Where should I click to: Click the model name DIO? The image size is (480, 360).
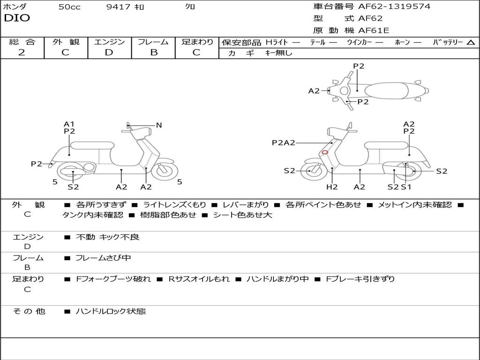pyautogui.click(x=17, y=18)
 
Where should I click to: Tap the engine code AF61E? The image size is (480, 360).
pyautogui.click(x=374, y=31)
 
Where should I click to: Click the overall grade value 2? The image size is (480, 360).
pyautogui.click(x=22, y=52)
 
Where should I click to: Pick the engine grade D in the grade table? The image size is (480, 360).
pyautogui.click(x=109, y=52)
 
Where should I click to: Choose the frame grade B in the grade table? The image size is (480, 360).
pyautogui.click(x=153, y=52)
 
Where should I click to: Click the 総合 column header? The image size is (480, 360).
pyautogui.click(x=22, y=42)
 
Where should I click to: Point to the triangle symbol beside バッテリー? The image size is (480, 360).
pyautogui.click(x=471, y=43)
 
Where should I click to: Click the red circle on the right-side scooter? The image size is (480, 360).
pyautogui.click(x=324, y=152)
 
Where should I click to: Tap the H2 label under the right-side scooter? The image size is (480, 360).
pyautogui.click(x=332, y=187)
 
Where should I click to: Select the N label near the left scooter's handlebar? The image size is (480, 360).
pyautogui.click(x=159, y=125)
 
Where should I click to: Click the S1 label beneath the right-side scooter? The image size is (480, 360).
pyautogui.click(x=406, y=187)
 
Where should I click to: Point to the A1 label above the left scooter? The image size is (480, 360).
pyautogui.click(x=69, y=124)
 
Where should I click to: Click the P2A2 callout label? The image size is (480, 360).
pyautogui.click(x=284, y=142)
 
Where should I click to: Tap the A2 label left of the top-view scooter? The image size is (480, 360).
pyautogui.click(x=314, y=91)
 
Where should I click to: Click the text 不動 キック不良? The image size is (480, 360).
pyautogui.click(x=107, y=237)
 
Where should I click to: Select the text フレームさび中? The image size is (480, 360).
pyautogui.click(x=103, y=258)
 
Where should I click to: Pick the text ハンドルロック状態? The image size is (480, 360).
pyautogui.click(x=111, y=311)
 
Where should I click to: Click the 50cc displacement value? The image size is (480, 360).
pyautogui.click(x=69, y=7)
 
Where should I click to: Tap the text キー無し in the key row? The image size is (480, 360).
pyautogui.click(x=278, y=53)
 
